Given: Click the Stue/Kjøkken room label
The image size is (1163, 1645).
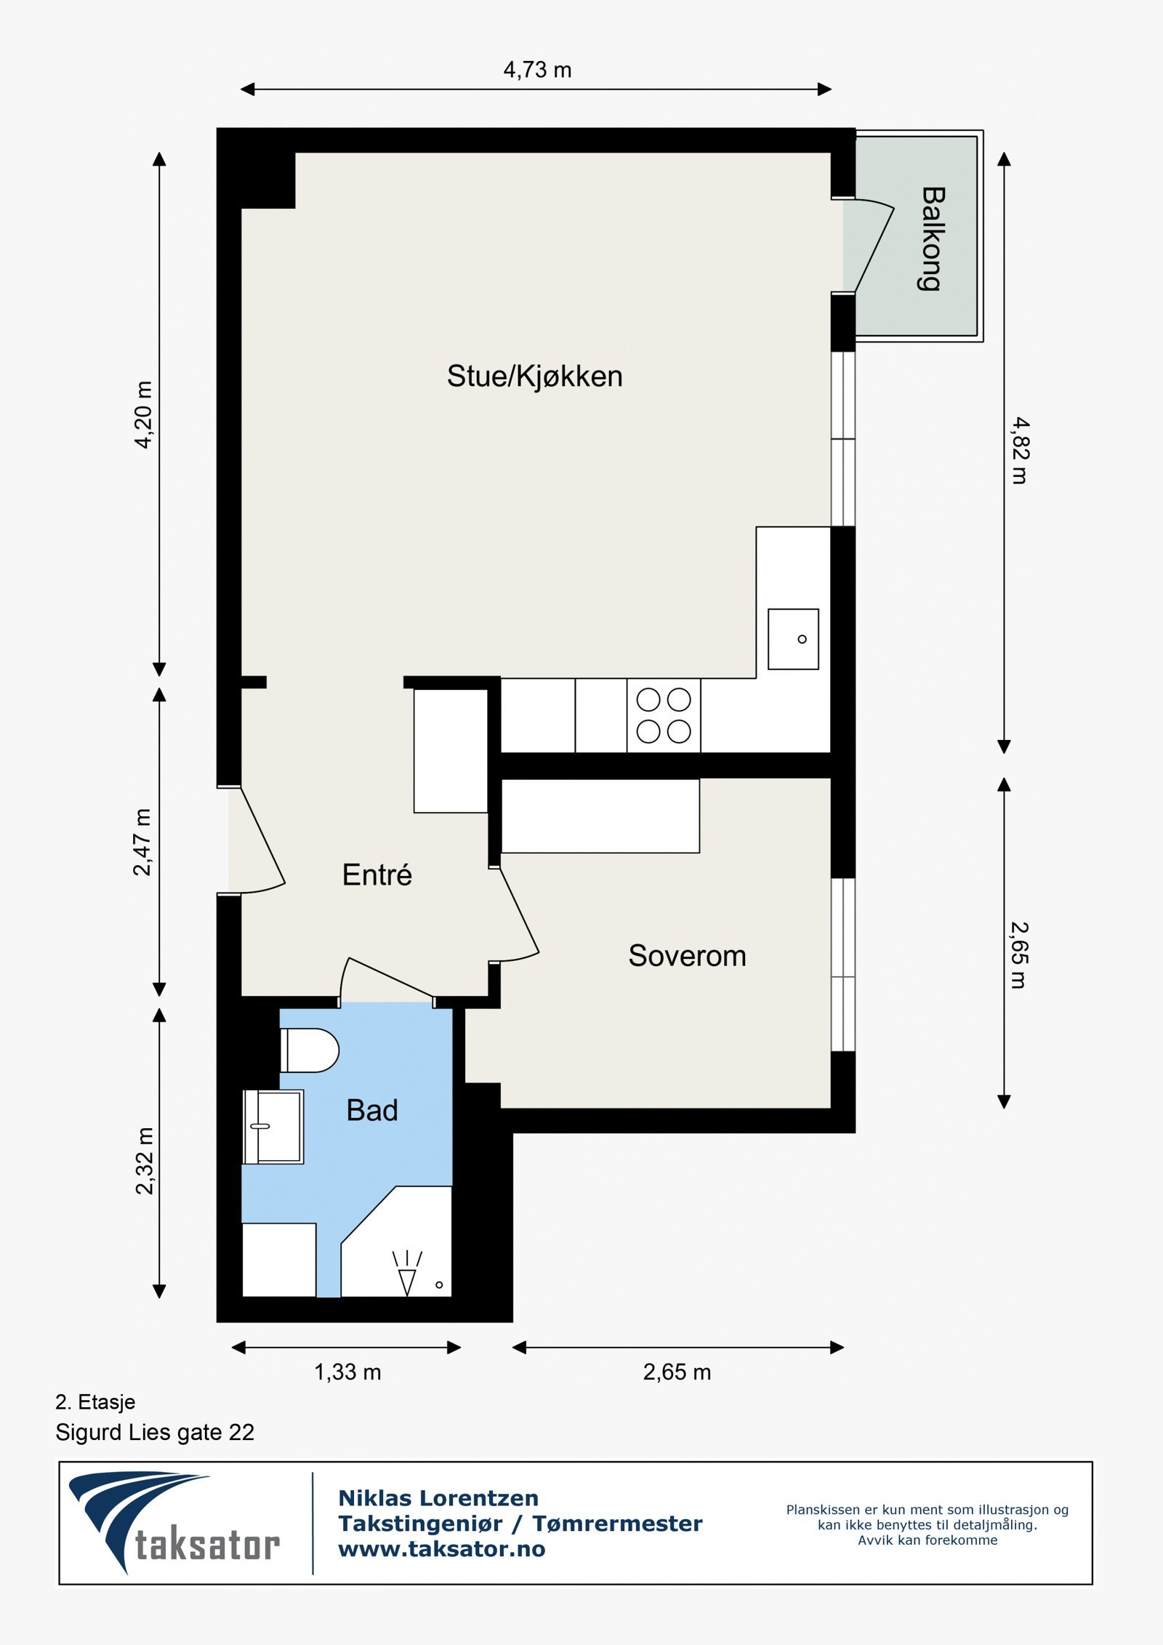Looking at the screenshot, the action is [x=534, y=377].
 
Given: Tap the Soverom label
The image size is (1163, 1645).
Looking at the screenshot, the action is [x=687, y=956].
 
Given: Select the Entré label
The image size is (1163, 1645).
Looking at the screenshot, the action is [x=377, y=874].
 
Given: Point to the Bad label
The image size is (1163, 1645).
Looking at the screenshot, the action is [x=372, y=1110].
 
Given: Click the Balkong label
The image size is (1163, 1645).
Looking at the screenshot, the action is [x=933, y=238].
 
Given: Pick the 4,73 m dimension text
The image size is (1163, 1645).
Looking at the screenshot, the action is [x=537, y=70].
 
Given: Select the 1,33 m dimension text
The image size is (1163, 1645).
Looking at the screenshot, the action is [x=347, y=1372].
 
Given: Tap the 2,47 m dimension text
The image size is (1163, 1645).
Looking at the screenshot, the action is [x=142, y=842].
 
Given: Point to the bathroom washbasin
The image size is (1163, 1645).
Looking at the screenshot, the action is [x=273, y=1127].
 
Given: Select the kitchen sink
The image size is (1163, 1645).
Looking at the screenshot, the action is [x=793, y=639].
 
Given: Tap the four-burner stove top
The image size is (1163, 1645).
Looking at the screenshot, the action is [x=664, y=715].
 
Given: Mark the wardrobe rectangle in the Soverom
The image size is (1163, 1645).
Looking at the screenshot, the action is [x=600, y=816].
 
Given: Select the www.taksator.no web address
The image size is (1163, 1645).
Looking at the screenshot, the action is [x=442, y=1550].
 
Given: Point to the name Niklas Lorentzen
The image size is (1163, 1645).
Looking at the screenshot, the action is [x=438, y=1498].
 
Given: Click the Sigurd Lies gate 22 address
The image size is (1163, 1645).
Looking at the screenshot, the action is [x=155, y=1432].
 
